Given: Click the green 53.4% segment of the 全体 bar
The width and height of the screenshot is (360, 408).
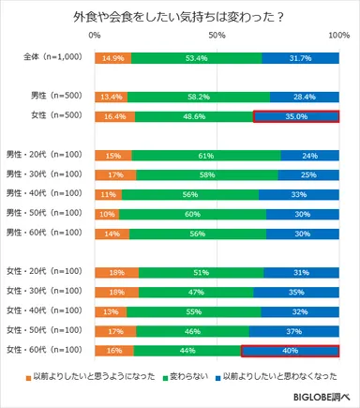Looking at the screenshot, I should [196, 58].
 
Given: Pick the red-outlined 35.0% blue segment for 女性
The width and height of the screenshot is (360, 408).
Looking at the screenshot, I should [296, 116].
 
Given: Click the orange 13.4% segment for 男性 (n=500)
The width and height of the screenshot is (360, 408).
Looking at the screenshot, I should [111, 97].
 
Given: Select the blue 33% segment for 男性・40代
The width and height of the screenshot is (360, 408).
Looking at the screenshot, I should [299, 194].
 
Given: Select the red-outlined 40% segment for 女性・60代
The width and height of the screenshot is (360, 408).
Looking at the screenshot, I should [291, 351].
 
